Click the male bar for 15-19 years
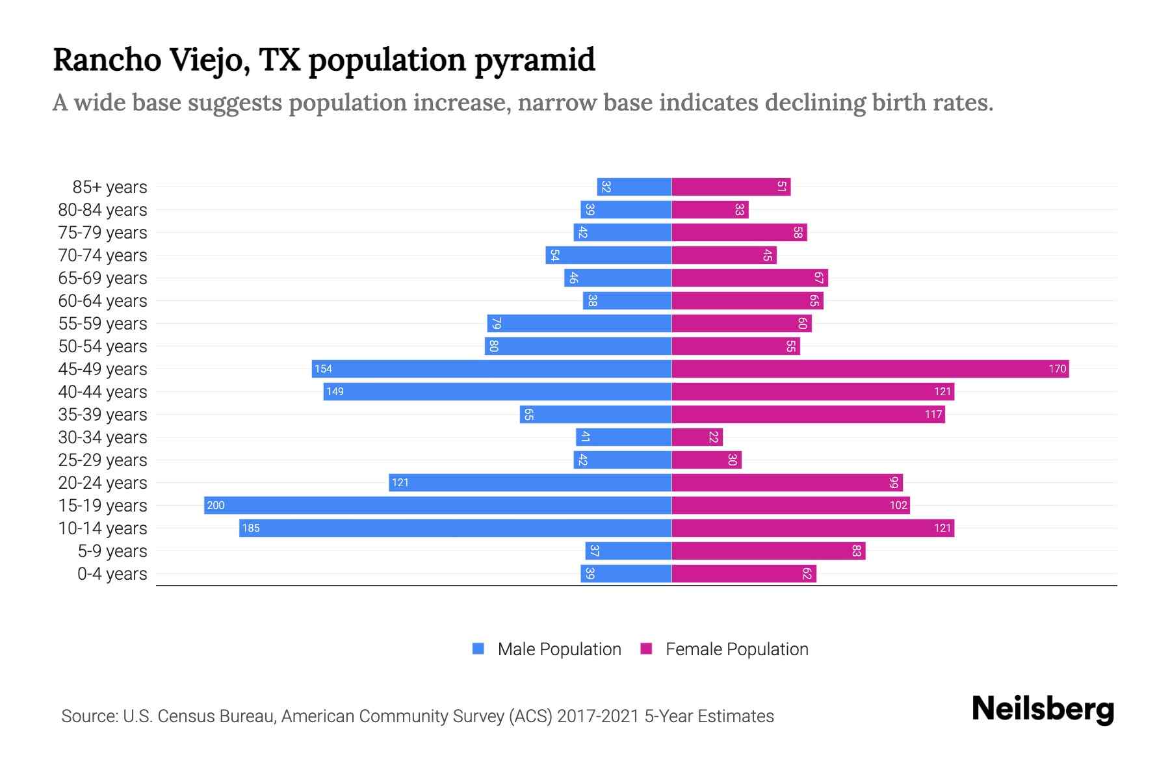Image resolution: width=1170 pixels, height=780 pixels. pyautogui.click(x=437, y=505)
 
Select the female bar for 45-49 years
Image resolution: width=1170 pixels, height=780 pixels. pyautogui.click(x=870, y=369)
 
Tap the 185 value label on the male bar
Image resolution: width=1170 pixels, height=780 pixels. pyautogui.click(x=251, y=528)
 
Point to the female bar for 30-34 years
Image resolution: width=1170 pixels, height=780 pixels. pyautogui.click(x=697, y=437)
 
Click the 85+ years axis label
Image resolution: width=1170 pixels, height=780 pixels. pyautogui.click(x=109, y=187)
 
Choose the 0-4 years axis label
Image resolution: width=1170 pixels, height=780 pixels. pyautogui.click(x=112, y=574)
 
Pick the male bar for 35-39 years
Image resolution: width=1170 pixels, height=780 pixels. pyautogui.click(x=595, y=414)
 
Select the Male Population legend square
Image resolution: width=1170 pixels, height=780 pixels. pyautogui.click(x=478, y=649)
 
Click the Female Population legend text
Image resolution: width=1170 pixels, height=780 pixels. pyautogui.click(x=736, y=649)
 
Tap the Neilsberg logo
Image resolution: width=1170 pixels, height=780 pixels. pyautogui.click(x=1043, y=709)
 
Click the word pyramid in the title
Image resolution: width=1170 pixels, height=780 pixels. pyautogui.click(x=534, y=60)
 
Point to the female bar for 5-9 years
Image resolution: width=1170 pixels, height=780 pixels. pyautogui.click(x=768, y=551)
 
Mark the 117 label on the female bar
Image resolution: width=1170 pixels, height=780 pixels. pyautogui.click(x=933, y=415)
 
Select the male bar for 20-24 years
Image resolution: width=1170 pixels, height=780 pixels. pyautogui.click(x=530, y=482)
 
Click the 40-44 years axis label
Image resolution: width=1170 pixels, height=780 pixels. pyautogui.click(x=103, y=392)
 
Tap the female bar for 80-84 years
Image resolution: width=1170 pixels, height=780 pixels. pyautogui.click(x=710, y=209)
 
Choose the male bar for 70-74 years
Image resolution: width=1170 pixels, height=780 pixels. pyautogui.click(x=608, y=255)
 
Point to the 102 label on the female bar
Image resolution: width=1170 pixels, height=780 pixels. pyautogui.click(x=898, y=506)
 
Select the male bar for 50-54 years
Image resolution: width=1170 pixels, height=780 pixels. pyautogui.click(x=578, y=346)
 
